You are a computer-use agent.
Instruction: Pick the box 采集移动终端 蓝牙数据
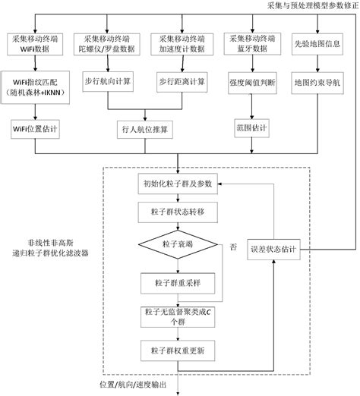pyautogui.click(x=248, y=42)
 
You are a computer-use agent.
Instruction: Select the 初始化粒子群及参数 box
pyautogui.click(x=178, y=184)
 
